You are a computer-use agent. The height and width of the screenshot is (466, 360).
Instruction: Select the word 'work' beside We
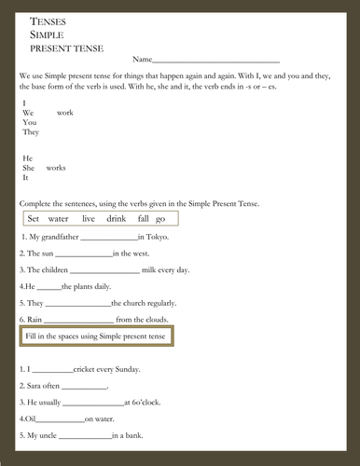click(65, 112)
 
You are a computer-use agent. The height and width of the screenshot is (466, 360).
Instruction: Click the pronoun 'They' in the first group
click(31, 132)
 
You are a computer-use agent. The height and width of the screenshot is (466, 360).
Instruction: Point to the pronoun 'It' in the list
click(26, 178)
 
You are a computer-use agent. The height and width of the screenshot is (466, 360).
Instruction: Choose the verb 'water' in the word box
click(59, 218)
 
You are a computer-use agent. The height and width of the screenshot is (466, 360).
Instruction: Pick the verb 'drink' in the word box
click(116, 218)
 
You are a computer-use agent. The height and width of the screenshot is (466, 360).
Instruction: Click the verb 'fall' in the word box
click(143, 218)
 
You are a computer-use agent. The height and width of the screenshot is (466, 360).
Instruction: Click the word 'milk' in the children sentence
click(151, 269)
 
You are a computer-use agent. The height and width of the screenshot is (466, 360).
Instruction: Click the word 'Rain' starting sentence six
click(35, 320)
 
